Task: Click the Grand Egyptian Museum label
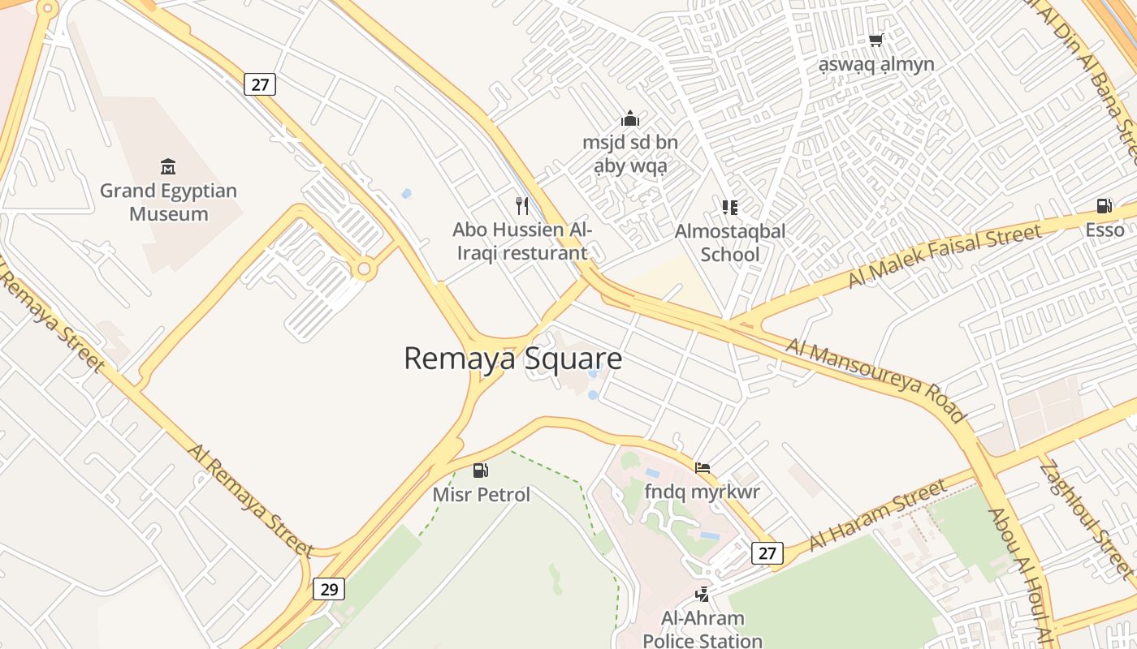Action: tap(168, 203)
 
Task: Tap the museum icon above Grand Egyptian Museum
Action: tap(168, 167)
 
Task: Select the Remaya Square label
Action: tap(512, 359)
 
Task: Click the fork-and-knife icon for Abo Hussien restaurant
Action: tap(522, 206)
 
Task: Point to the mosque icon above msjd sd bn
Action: tap(629, 119)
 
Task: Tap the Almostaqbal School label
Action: tap(729, 243)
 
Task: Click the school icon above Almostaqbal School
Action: tap(729, 207)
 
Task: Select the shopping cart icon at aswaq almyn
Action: tap(875, 40)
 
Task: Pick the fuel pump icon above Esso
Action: tap(1104, 206)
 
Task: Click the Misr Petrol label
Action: tap(481, 495)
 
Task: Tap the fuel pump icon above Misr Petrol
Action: tap(481, 471)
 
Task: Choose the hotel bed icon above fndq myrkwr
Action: tap(703, 467)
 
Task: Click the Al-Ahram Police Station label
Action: tap(703, 630)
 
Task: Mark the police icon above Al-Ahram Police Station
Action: tap(703, 595)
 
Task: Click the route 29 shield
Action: tap(329, 589)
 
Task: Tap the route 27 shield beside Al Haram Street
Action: tap(767, 553)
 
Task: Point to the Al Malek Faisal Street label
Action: tap(944, 256)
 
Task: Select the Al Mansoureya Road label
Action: tap(876, 380)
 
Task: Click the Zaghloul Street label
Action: tap(1086, 520)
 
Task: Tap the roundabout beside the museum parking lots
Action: tap(364, 269)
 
